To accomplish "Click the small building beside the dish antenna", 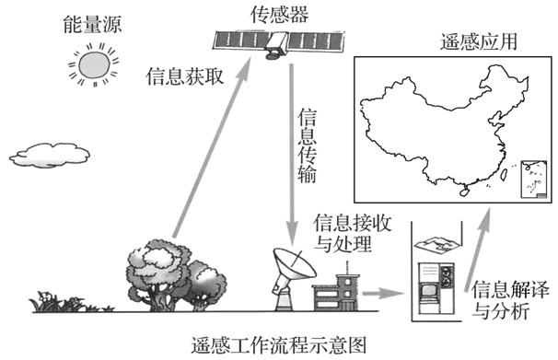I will click(334, 290).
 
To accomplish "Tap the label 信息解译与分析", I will click(503, 302).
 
